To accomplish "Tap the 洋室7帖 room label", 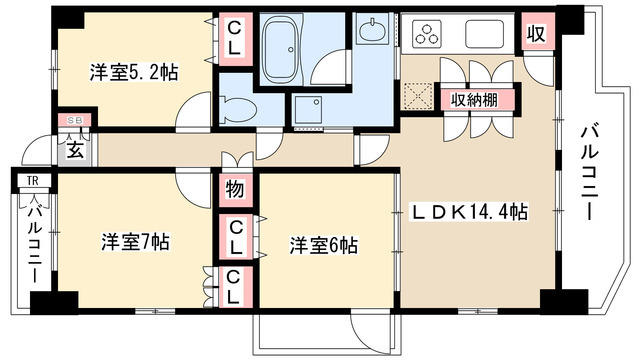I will (x=135, y=242).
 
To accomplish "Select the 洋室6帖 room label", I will (x=325, y=244).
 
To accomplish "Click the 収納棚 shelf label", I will (x=474, y=99).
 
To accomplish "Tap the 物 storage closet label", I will (x=234, y=187).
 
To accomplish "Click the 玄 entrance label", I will (x=76, y=150).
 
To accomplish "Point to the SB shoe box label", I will (x=73, y=120).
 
